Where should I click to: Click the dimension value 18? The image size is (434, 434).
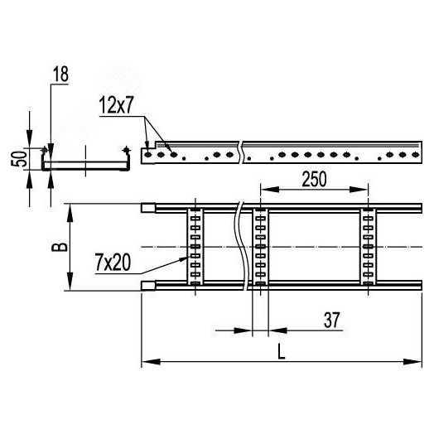point(60,75)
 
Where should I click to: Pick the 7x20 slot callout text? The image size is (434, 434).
point(111,263)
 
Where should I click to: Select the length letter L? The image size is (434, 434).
point(281,350)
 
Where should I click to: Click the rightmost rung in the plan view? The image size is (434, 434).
point(369,247)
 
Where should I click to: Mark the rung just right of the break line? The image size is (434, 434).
point(260,247)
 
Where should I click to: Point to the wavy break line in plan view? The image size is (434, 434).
point(241,247)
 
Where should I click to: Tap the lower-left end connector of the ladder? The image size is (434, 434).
point(147,287)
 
